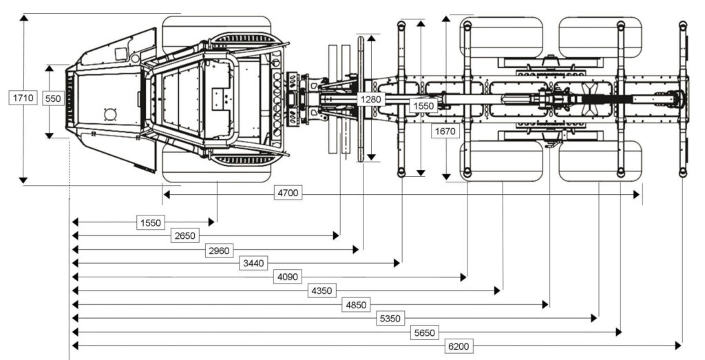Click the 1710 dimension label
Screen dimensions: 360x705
click(x=23, y=98)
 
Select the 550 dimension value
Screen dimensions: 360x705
click(x=53, y=98)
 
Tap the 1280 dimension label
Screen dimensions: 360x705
click(x=370, y=98)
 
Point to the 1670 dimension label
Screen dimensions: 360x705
click(x=445, y=131)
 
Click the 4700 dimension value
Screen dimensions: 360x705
click(x=288, y=193)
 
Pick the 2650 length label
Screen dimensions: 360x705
click(x=185, y=235)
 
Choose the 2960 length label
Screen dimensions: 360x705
click(x=218, y=249)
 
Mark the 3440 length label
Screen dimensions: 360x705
click(x=252, y=263)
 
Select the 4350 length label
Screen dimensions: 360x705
click(x=322, y=290)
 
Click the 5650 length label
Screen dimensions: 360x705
click(x=425, y=332)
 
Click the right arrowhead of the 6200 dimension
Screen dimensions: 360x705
click(x=680, y=346)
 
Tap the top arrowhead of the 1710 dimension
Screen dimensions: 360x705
click(x=23, y=17)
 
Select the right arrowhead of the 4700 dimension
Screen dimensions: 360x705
click(x=638, y=195)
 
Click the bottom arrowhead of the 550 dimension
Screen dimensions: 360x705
click(x=50, y=135)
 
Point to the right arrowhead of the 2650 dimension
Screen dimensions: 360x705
click(x=337, y=235)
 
